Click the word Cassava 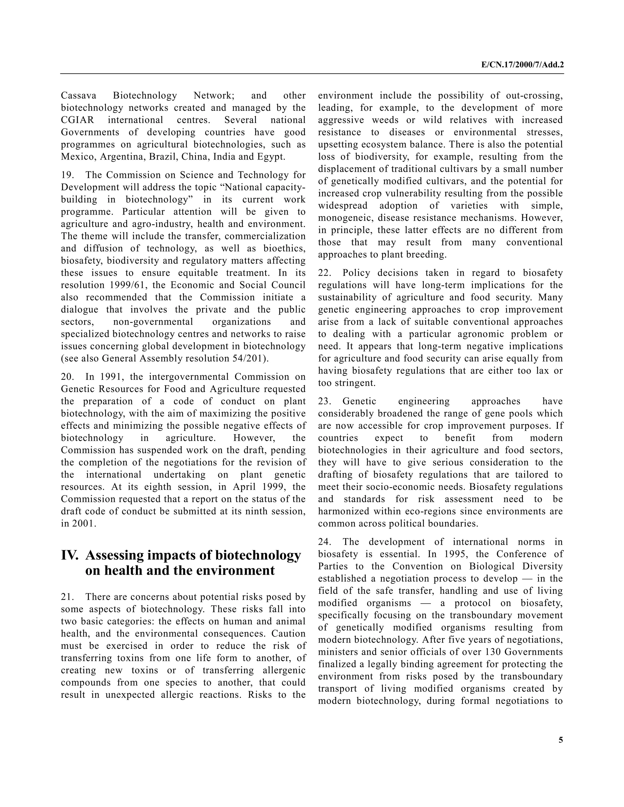(78, 96)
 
